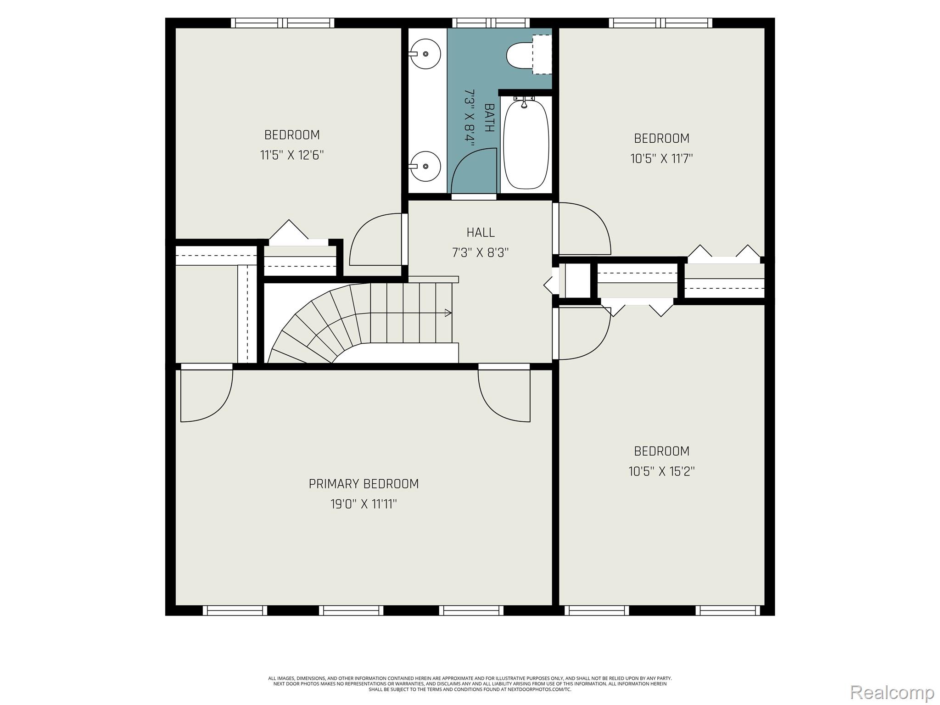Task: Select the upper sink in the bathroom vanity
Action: [x=425, y=54]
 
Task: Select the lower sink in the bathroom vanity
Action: [x=425, y=166]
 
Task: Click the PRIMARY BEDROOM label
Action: [x=364, y=484]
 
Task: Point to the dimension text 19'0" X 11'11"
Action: [x=364, y=504]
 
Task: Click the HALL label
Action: [x=481, y=233]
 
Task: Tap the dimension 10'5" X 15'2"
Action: [x=661, y=471]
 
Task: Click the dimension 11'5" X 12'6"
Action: [x=292, y=155]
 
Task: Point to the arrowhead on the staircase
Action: [x=448, y=313]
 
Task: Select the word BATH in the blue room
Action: [x=489, y=118]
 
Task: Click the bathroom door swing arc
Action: [x=473, y=170]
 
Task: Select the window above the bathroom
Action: [x=491, y=22]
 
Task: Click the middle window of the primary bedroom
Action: [x=351, y=610]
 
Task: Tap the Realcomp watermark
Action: [x=892, y=692]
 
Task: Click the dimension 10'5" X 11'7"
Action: [x=661, y=159]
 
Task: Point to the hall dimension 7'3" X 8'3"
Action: [x=481, y=253]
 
